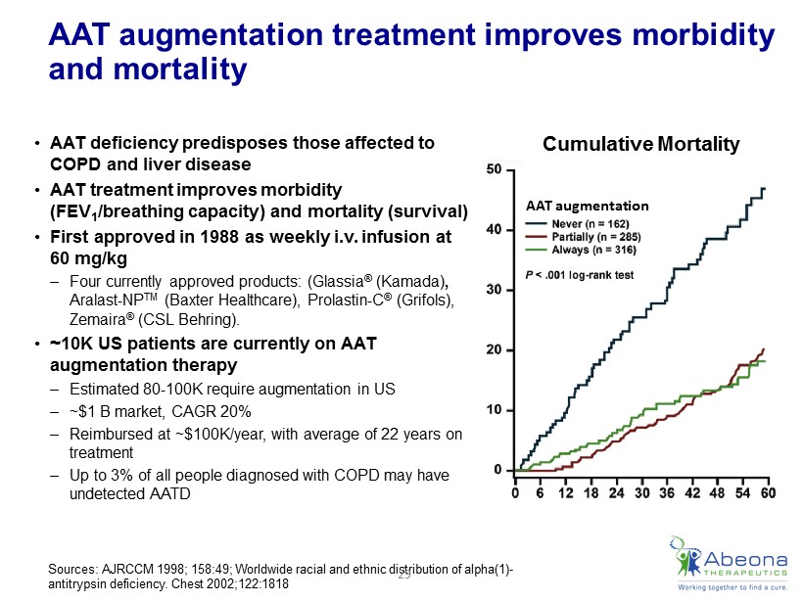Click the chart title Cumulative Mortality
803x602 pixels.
click(x=640, y=145)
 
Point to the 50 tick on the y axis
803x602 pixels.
click(x=496, y=169)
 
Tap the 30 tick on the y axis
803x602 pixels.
click(x=496, y=290)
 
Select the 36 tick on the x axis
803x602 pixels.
click(x=667, y=492)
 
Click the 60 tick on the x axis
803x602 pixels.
click(x=768, y=492)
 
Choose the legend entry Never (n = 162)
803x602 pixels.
click(x=593, y=223)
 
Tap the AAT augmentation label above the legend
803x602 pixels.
click(x=588, y=207)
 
